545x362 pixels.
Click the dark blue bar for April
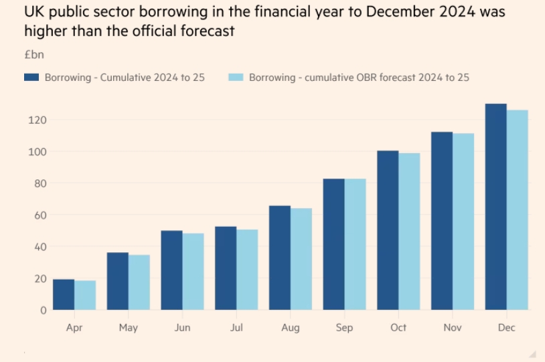tap(64, 294)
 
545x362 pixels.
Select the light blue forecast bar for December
tap(517, 210)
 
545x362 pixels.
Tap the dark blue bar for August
tap(280, 258)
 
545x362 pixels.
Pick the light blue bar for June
tap(193, 272)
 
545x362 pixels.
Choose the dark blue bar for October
tap(388, 230)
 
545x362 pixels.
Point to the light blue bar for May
tap(139, 282)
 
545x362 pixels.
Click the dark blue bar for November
tap(442, 221)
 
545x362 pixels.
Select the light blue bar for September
tap(356, 244)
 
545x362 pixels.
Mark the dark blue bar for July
tap(226, 268)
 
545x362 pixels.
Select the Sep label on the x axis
tap(344, 328)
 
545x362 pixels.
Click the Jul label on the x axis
tap(236, 328)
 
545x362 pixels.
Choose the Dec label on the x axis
tap(506, 328)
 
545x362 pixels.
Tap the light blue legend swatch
tap(234, 78)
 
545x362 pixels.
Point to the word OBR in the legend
tap(367, 78)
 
